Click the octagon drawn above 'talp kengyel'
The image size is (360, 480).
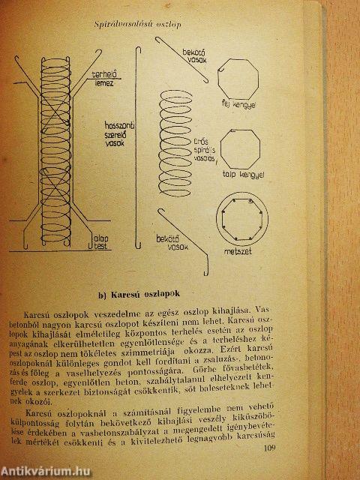pyautogui.click(x=240, y=145)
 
